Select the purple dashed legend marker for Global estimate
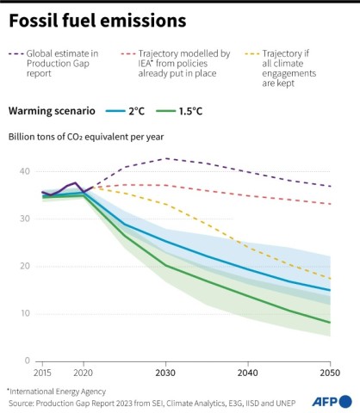[x=16, y=54]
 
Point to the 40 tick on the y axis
[x=24, y=172]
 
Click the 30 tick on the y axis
[x=24, y=219]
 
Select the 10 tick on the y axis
[x=24, y=314]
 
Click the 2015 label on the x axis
[x=41, y=373]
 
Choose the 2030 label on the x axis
[x=165, y=373]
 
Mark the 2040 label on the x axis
[x=248, y=373]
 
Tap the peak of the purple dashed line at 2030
[x=165, y=158]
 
